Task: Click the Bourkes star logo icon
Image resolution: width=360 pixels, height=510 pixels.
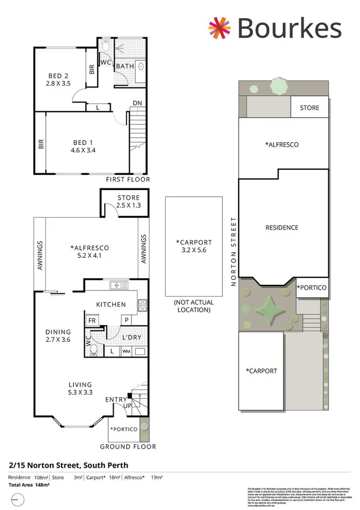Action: coord(220,28)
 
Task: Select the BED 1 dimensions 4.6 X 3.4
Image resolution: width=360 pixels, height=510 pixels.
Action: coord(84,151)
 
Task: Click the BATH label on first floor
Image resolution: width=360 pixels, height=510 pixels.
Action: coord(125,67)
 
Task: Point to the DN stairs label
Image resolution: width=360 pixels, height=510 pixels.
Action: coord(137,103)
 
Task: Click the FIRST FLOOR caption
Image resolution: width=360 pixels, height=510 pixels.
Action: coord(128,179)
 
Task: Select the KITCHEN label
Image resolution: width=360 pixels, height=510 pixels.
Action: coord(111,305)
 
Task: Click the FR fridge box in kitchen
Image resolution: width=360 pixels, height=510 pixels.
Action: coord(91,320)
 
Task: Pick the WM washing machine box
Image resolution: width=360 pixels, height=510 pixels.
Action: coord(126,351)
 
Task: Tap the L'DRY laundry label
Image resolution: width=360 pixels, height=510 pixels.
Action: coord(131,337)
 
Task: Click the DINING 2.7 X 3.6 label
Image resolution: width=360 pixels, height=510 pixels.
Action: coord(58,336)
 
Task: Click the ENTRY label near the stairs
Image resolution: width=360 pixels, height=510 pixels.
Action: coord(116,399)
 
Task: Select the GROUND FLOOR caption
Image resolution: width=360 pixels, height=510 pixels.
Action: coord(128,447)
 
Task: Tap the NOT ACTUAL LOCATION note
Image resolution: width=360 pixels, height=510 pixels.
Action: coord(194,306)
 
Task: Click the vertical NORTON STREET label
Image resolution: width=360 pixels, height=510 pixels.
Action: coord(233,252)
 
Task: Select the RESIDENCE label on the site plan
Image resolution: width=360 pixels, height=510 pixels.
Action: coord(282,227)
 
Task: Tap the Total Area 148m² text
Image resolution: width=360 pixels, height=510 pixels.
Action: coord(29,485)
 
